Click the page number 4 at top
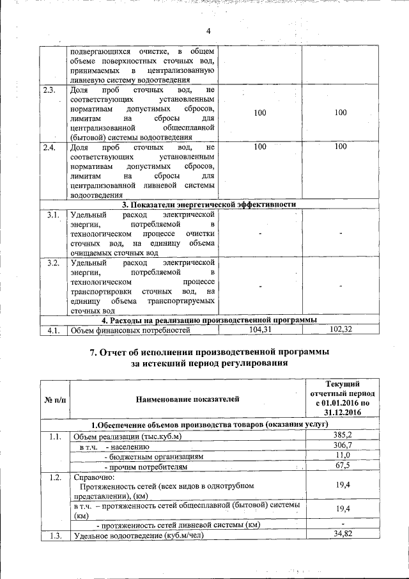pos(208,31)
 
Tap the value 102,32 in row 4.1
pos(341,329)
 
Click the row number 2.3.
pos(49,90)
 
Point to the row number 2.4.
pos(49,147)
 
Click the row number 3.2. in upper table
pos(54,262)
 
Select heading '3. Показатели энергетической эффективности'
pos(210,205)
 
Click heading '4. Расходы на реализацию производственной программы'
pos(210,320)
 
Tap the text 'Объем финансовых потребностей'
pos(131,330)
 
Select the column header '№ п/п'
pos(55,399)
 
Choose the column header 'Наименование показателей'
pos(188,399)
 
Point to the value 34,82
pos(343,534)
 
